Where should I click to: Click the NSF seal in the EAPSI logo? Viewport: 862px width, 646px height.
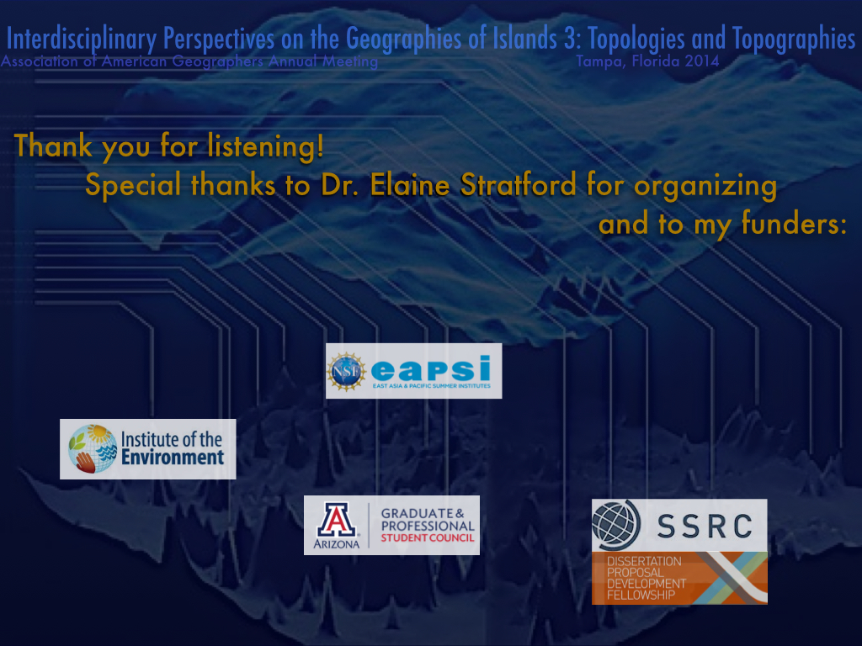tap(346, 372)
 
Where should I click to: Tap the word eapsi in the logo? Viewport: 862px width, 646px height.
tap(431, 368)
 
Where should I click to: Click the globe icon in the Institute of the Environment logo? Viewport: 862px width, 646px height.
tap(93, 449)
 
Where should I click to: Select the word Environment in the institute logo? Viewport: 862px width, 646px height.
tap(173, 457)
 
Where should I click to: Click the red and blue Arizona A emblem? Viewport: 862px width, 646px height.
tap(337, 519)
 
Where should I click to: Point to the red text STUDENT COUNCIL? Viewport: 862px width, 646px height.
tap(427, 537)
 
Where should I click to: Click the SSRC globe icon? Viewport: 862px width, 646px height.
tap(616, 525)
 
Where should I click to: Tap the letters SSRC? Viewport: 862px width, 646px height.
tap(705, 527)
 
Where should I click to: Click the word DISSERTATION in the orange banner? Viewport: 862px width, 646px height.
tap(644, 561)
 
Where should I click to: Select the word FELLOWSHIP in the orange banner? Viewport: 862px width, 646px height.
tap(641, 595)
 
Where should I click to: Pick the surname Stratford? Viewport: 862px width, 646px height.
tap(519, 184)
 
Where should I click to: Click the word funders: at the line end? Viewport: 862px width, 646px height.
tap(794, 224)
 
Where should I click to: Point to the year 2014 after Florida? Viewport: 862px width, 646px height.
tap(702, 61)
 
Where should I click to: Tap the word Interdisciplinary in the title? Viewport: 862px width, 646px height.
tap(82, 40)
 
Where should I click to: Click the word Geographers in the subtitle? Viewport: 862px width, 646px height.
tap(217, 61)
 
